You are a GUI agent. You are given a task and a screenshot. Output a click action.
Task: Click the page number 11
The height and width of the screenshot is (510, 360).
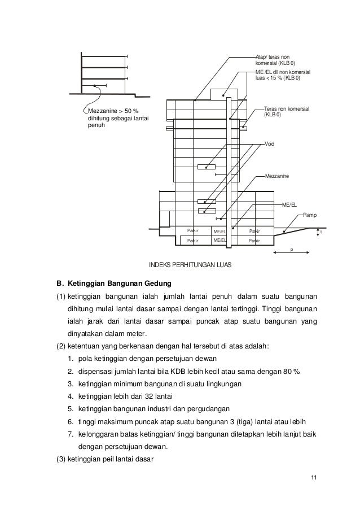[314, 480]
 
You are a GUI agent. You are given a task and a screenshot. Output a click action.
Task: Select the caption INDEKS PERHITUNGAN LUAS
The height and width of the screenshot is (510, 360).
[190, 264]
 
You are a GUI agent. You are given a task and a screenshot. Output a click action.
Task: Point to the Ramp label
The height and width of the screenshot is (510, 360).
[310, 215]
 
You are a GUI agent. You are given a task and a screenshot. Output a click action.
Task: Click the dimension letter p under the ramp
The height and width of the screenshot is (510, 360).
[292, 249]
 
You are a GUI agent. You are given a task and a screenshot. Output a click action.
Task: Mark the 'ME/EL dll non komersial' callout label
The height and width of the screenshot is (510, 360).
[283, 72]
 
